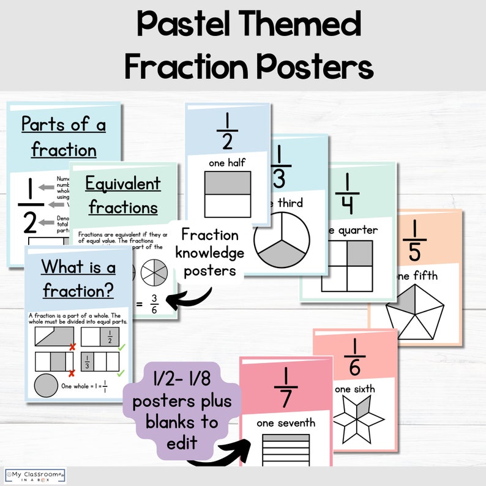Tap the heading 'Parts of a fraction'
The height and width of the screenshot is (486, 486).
tap(64, 136)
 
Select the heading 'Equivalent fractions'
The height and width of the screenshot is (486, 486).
tap(123, 195)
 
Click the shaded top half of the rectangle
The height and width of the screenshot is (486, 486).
tap(228, 183)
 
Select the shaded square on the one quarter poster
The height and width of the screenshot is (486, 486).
tap(359, 253)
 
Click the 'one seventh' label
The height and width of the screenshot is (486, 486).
tap(286, 422)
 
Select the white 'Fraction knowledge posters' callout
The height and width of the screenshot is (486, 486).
tap(209, 252)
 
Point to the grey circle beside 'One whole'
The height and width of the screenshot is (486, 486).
tap(46, 386)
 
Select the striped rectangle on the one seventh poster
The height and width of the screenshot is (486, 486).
tap(286, 450)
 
